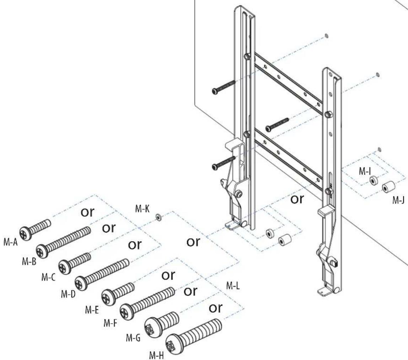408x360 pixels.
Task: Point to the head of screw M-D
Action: click(x=81, y=284)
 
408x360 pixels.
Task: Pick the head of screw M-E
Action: click(x=108, y=296)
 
